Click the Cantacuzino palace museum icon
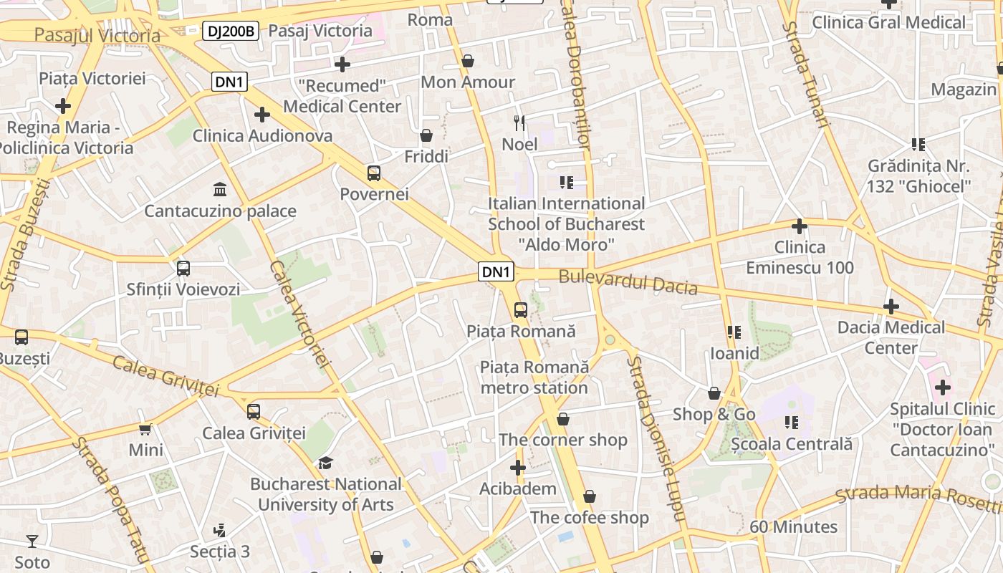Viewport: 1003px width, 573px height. coord(220,190)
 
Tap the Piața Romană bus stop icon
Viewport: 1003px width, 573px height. coord(521,310)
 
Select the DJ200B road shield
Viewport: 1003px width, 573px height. coord(230,31)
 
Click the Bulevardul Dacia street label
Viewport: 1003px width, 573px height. coord(628,281)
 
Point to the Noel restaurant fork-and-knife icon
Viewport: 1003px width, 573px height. coord(519,123)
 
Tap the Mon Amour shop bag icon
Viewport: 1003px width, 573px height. coord(468,62)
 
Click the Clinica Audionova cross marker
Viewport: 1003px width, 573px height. coord(262,114)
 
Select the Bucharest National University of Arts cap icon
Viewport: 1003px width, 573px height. coord(326,463)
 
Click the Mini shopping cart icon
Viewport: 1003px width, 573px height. coord(145,429)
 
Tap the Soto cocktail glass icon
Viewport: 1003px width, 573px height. coord(32,541)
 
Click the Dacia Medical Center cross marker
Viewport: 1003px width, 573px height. coord(891,307)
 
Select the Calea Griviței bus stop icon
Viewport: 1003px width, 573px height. coord(254,412)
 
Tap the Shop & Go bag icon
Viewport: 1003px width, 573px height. coord(714,393)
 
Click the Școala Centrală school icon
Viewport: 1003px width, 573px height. coord(792,423)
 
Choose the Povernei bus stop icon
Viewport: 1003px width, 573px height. coord(374,173)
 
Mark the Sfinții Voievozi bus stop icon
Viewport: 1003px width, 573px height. coord(183,269)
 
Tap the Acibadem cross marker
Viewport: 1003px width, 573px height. coord(518,468)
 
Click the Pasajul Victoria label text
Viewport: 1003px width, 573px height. coord(97,35)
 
